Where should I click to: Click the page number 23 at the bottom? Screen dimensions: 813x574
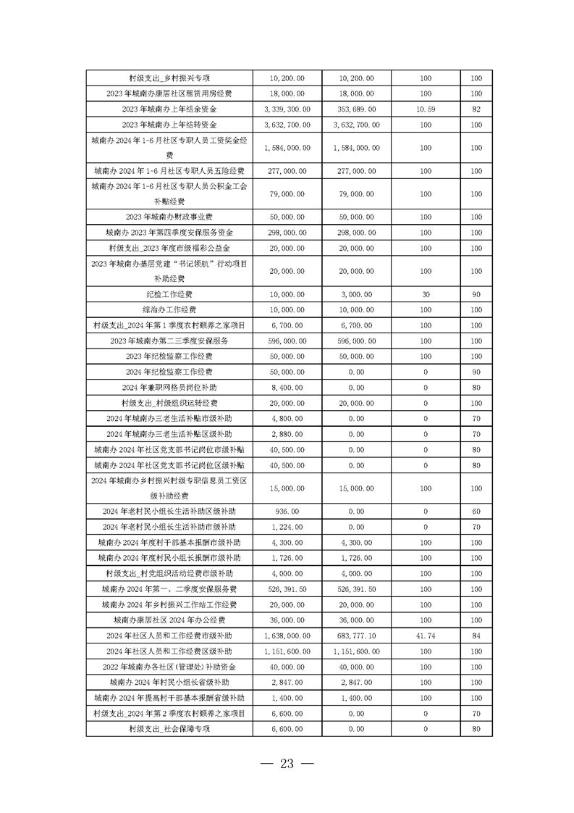coord(287,764)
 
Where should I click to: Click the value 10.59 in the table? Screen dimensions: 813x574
coord(425,109)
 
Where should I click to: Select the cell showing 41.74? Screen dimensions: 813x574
coord(425,635)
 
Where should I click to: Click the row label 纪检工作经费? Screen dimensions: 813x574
coord(169,294)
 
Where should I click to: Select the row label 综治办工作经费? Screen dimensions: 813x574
coord(169,310)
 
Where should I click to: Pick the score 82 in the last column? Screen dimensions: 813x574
coord(476,109)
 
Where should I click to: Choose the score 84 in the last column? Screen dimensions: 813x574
coord(476,635)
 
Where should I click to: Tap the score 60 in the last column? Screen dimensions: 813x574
coord(476,510)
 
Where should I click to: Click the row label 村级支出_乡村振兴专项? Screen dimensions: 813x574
coord(169,78)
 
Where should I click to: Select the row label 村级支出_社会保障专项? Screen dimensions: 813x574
coord(169,729)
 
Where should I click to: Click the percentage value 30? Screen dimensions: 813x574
coord(425,294)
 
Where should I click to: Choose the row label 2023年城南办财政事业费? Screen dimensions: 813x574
coord(169,217)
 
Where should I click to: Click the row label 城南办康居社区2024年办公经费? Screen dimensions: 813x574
coord(169,620)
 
